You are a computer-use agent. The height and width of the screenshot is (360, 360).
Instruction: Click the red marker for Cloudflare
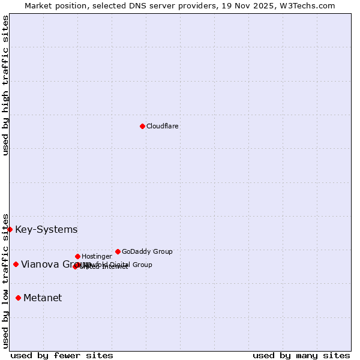pos(142,126)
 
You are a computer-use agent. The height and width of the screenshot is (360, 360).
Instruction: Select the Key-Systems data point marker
pos(10,229)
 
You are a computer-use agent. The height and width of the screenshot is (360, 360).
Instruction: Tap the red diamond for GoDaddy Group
pos(118,251)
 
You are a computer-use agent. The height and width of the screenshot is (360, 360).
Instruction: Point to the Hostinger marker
pos(77,256)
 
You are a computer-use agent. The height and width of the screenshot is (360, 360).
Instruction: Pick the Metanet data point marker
pos(18,298)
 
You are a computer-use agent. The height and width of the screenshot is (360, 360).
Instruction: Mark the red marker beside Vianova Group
pos(16,264)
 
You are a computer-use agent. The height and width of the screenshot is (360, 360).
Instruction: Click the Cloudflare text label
pos(163,126)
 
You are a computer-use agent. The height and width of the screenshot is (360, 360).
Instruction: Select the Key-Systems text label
pos(46,229)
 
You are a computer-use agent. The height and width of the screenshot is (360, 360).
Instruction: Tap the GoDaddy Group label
pos(147,251)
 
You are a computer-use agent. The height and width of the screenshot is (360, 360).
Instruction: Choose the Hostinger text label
pos(97,256)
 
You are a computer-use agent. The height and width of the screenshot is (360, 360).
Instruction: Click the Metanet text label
pos(43,298)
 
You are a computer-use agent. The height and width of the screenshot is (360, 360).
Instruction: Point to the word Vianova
pos(40,264)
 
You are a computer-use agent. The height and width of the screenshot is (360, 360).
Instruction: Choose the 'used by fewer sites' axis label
pos(62,355)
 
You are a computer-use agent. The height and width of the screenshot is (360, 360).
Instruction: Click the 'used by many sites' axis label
pos(301,355)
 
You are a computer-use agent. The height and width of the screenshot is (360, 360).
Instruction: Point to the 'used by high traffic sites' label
pos(5,85)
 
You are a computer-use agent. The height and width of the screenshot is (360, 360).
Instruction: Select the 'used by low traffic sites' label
pos(5,281)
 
